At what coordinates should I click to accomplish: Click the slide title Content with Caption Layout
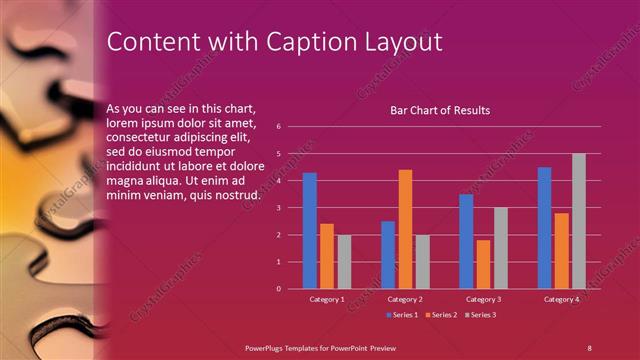(273, 41)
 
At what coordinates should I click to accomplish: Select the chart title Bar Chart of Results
(440, 110)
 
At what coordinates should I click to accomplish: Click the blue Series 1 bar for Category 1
(310, 230)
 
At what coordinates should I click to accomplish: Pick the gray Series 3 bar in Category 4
(579, 221)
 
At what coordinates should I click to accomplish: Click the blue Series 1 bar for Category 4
(544, 228)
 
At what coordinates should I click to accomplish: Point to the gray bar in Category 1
(344, 261)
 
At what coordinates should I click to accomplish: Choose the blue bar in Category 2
(388, 254)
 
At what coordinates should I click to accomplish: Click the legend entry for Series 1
(402, 315)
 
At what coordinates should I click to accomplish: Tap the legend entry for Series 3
(481, 315)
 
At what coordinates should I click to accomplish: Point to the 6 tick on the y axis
(279, 127)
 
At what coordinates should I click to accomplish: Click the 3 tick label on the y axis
(279, 208)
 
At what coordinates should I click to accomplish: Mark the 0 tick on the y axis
(279, 289)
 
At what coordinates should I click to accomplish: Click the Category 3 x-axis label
(484, 299)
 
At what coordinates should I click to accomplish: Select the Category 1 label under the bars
(327, 299)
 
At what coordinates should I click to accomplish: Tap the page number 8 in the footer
(589, 346)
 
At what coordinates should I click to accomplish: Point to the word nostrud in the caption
(240, 194)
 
